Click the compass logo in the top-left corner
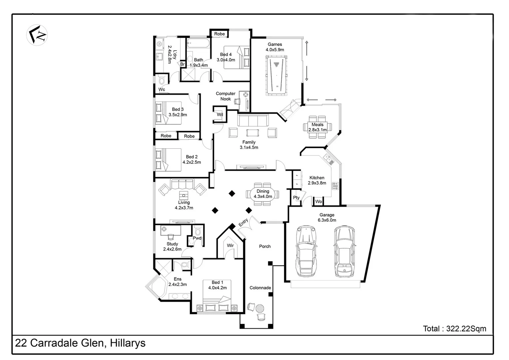(37, 35)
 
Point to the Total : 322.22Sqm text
(454, 329)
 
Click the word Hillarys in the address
(128, 343)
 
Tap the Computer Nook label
(226, 96)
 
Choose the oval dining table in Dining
(262, 194)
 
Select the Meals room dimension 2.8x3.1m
(317, 130)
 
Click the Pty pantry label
(296, 198)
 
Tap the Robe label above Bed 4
(220, 34)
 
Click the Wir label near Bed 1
(230, 245)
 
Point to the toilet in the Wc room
(162, 80)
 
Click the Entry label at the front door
(243, 222)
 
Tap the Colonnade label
(260, 288)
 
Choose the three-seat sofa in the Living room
(182, 184)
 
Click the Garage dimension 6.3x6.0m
(327, 220)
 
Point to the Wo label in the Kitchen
(318, 201)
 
